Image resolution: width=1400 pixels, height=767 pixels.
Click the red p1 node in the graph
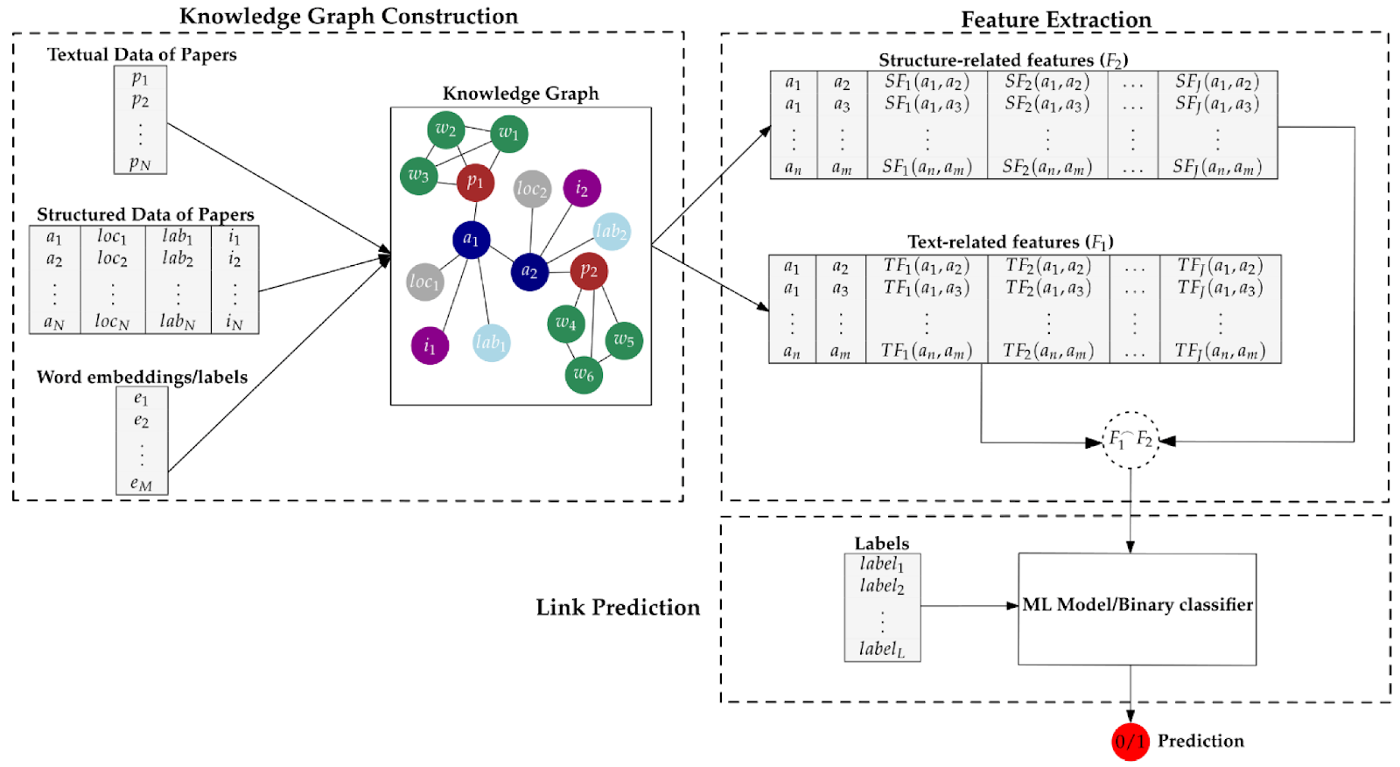(475, 182)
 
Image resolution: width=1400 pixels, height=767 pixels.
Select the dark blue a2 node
(529, 271)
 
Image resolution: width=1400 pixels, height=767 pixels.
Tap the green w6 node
(584, 375)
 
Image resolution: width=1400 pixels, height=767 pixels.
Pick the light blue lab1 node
(491, 343)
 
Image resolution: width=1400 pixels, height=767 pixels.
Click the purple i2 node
(582, 188)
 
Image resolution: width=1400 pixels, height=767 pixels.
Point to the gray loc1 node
(424, 282)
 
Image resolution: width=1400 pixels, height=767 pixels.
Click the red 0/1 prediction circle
(1130, 742)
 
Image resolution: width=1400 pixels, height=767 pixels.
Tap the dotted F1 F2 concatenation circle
(1130, 440)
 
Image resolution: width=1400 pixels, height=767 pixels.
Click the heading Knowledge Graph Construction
(348, 16)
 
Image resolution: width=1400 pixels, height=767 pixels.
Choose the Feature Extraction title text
(1055, 19)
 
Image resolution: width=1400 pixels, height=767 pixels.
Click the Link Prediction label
(618, 607)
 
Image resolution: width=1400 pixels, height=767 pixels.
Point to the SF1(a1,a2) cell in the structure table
(926, 82)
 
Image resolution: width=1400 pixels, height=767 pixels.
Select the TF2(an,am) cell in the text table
(1047, 352)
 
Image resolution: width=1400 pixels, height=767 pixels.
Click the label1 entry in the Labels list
(881, 564)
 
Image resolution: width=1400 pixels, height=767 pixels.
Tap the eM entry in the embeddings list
(141, 483)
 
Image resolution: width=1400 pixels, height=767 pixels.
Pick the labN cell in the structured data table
(178, 322)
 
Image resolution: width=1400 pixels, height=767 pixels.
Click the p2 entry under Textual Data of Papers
(140, 101)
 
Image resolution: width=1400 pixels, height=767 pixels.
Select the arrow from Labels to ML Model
(969, 605)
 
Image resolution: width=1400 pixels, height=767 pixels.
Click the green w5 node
(624, 340)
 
